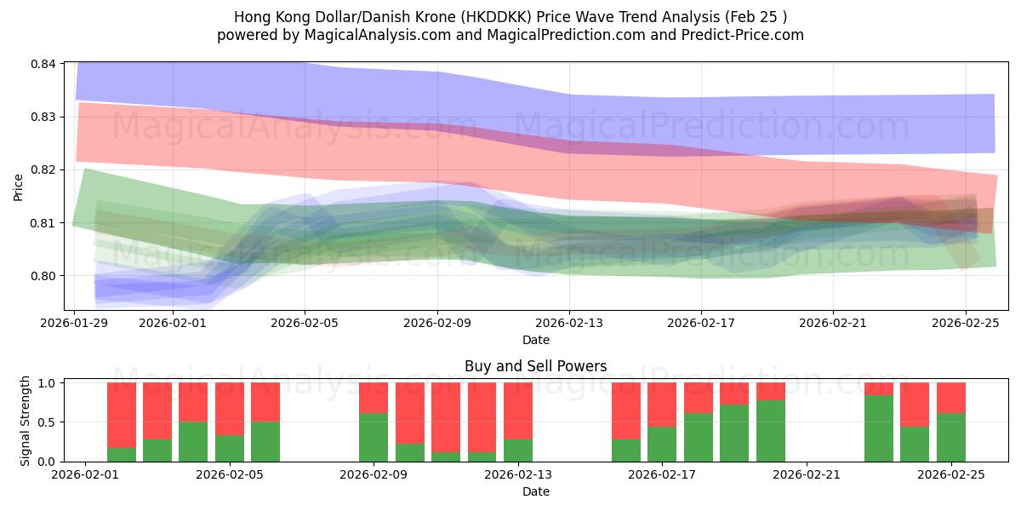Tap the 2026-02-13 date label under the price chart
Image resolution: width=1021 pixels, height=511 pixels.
point(569,323)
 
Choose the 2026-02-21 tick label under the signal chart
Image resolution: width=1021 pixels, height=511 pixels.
point(807,474)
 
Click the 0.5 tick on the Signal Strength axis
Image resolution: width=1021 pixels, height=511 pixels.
point(48,422)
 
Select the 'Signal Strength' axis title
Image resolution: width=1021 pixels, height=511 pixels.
point(26,422)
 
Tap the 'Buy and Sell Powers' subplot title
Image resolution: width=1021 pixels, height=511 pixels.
point(536,367)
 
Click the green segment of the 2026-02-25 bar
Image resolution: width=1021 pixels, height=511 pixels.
point(950,437)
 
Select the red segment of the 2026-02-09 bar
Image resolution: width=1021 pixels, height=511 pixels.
point(374,398)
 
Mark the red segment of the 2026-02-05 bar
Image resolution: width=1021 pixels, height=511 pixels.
point(265,402)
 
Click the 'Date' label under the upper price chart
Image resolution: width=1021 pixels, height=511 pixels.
point(536,340)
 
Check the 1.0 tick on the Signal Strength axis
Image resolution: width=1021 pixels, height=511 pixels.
point(48,383)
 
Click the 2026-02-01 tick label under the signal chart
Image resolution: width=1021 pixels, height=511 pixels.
point(86,474)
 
